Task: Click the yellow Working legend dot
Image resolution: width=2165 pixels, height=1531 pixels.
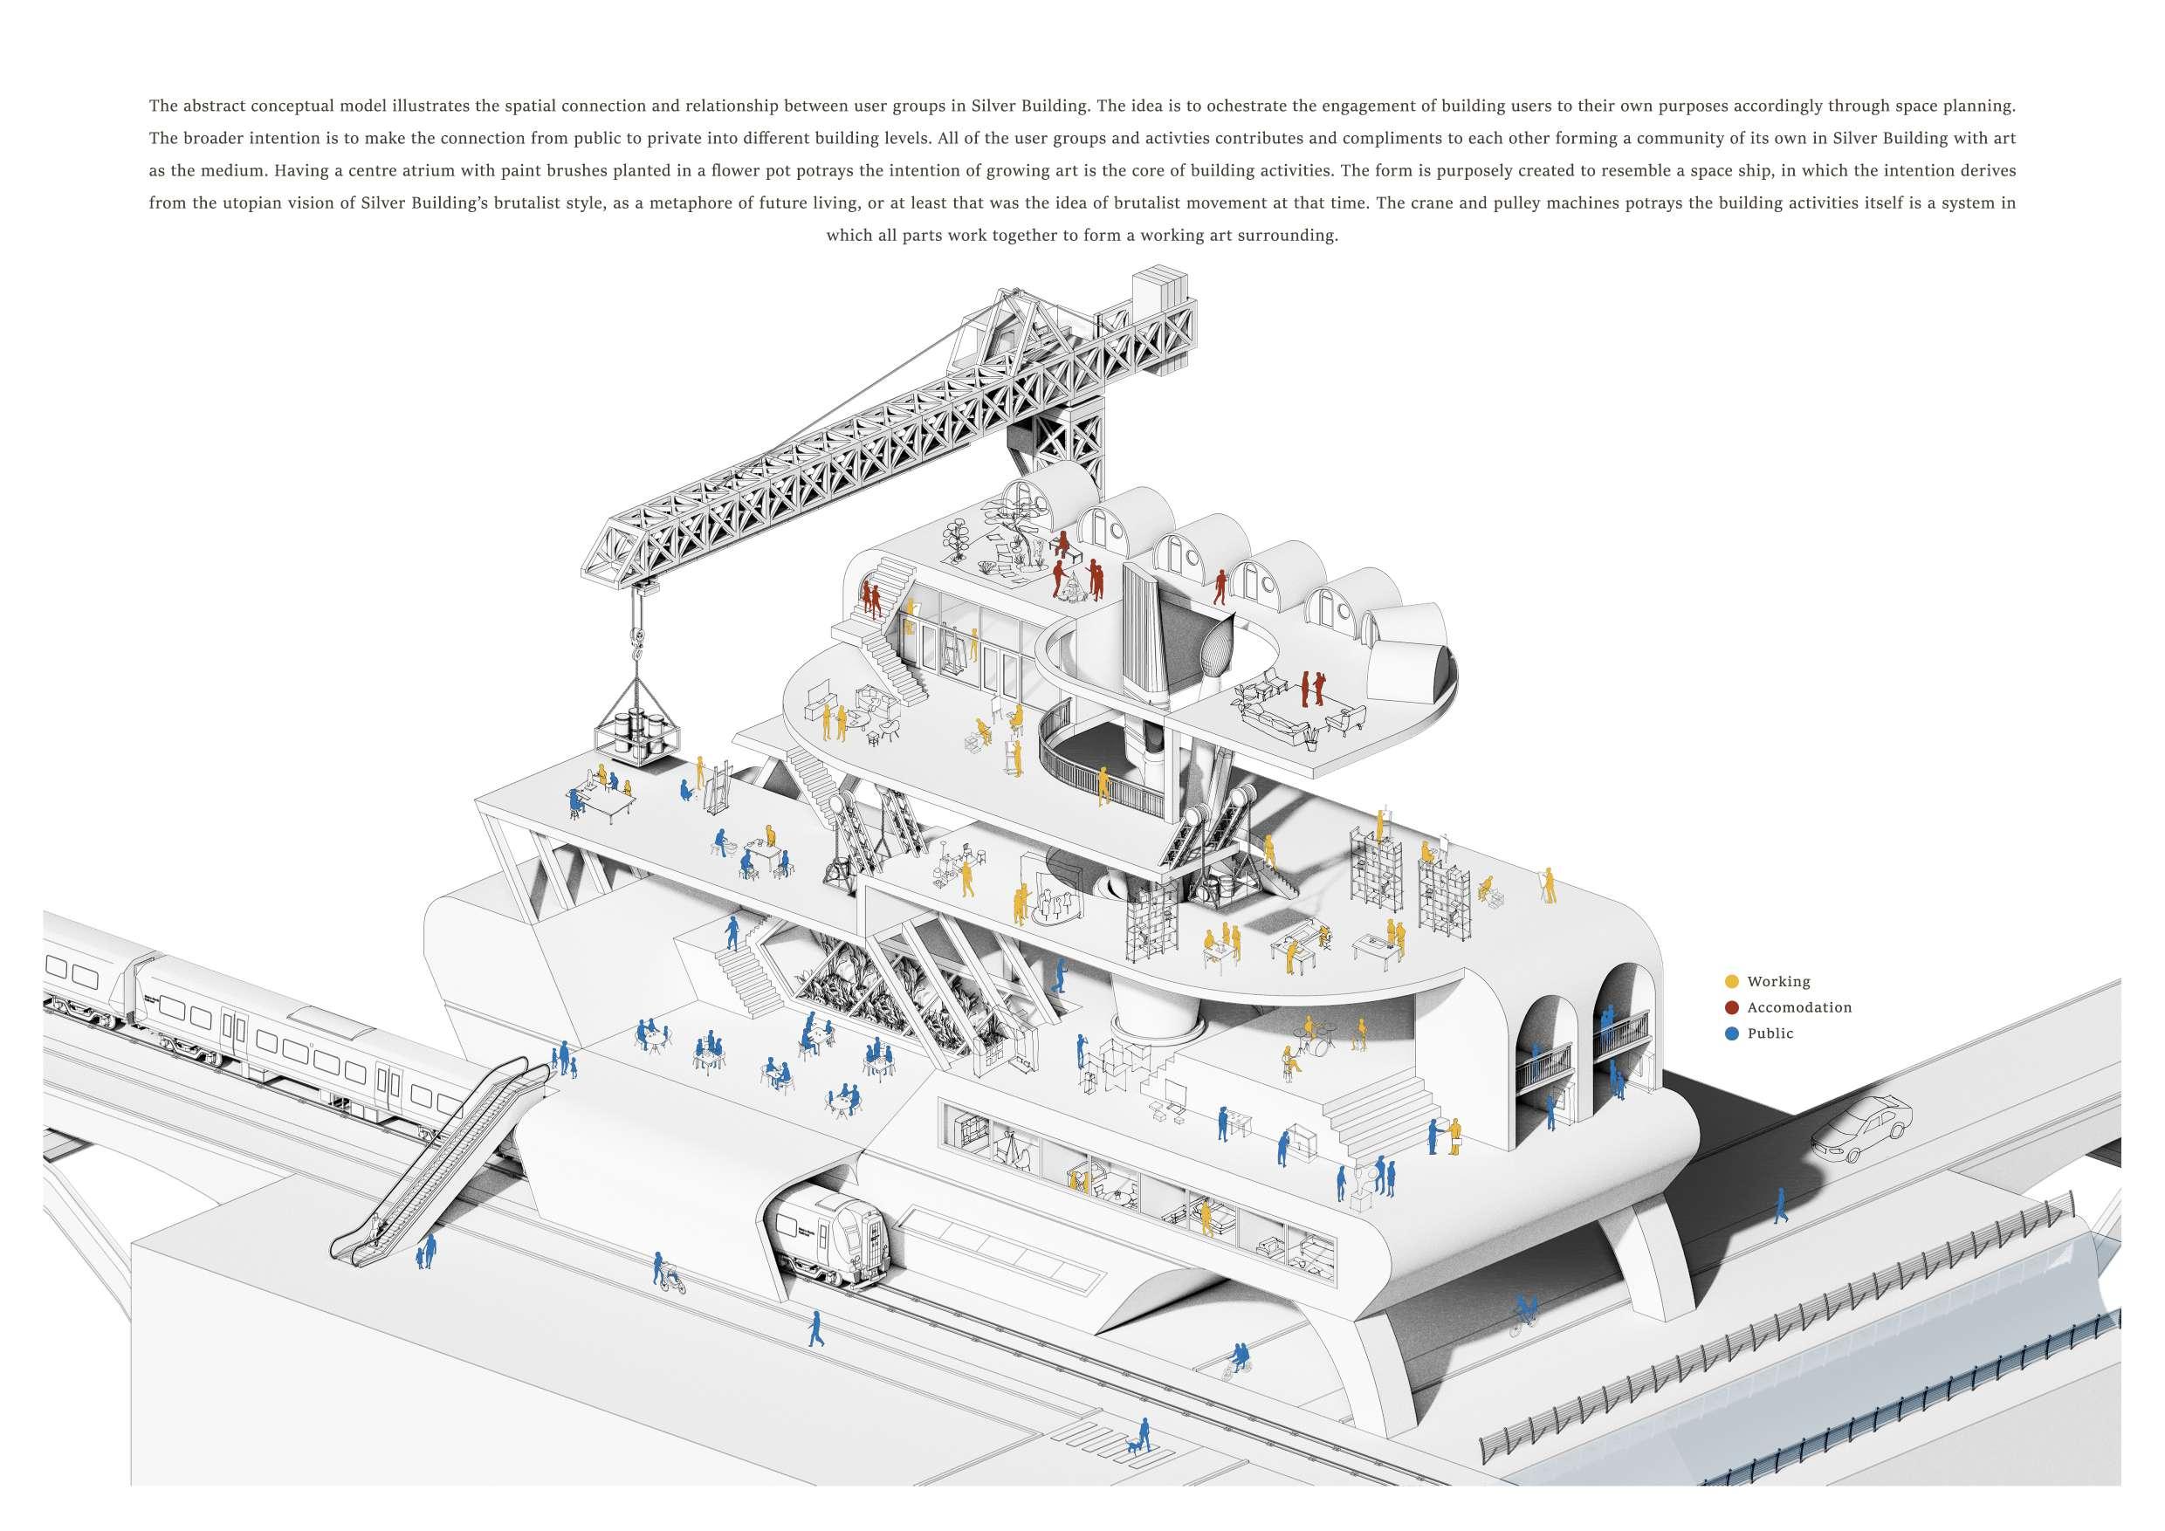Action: [1731, 981]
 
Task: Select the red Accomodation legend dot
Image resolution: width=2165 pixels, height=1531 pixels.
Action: [1731, 1006]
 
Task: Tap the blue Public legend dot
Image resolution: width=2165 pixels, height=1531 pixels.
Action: [1731, 1033]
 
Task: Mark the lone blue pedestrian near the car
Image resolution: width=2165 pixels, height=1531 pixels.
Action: [1780, 1205]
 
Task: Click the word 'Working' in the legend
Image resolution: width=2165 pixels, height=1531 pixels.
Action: [1778, 981]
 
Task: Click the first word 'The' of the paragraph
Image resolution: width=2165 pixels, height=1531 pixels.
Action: [162, 106]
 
